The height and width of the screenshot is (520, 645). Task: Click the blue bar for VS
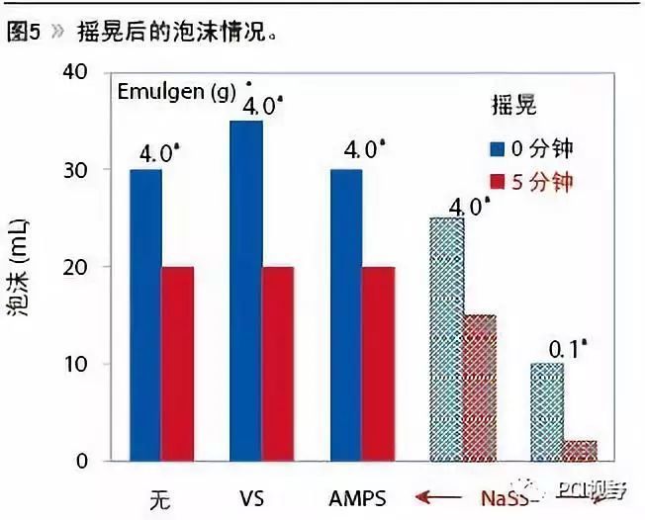(x=246, y=291)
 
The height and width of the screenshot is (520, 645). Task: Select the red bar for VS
(x=278, y=363)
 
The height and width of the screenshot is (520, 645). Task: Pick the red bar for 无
(x=177, y=363)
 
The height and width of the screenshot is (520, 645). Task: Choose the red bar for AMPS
(x=379, y=363)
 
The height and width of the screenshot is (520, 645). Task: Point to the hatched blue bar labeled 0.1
(x=547, y=411)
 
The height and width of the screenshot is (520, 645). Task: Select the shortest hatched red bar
(x=580, y=451)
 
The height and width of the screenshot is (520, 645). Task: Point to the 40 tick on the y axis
(x=75, y=73)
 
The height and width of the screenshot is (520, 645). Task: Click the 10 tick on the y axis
(x=75, y=364)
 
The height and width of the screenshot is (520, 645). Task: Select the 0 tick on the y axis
(x=82, y=461)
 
